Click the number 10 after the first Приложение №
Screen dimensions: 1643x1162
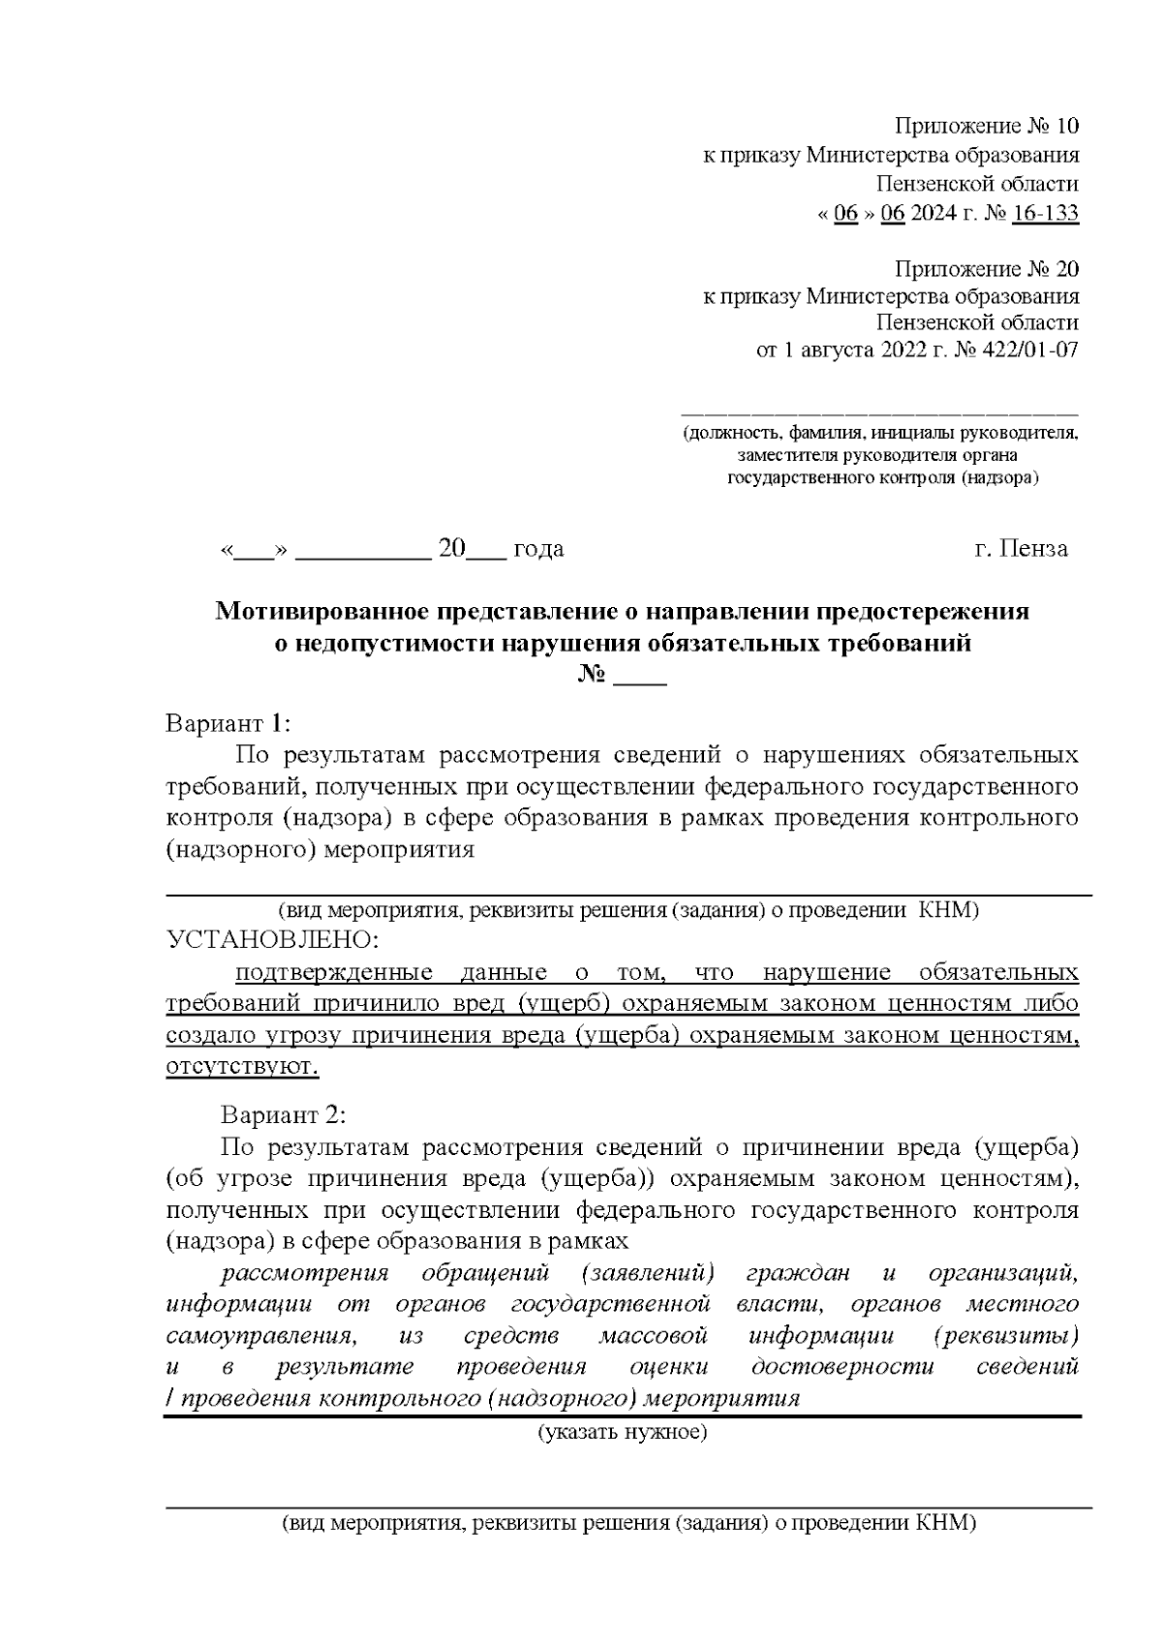[1065, 127]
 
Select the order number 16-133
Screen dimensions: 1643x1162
[1044, 214]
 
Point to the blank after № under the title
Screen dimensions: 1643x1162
[640, 675]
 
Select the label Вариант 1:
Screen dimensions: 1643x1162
[229, 723]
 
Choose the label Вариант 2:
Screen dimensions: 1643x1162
[283, 1115]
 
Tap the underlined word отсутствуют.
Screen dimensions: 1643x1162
[242, 1067]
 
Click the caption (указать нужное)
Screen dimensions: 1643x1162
[623, 1432]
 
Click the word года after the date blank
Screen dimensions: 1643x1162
[537, 550]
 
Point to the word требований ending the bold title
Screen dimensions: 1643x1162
[896, 644]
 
